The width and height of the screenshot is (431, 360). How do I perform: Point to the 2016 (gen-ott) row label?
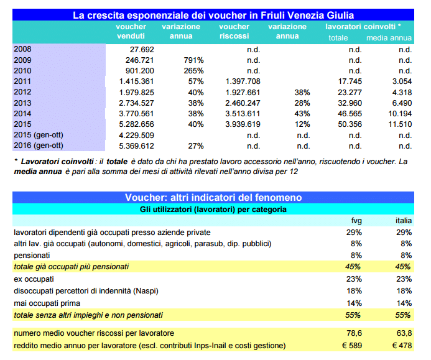pyautogui.click(x=39, y=146)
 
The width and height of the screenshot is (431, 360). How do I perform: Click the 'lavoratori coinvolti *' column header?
pyautogui.click(x=363, y=27)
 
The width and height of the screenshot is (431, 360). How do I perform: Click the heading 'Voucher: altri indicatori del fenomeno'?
pyautogui.click(x=213, y=197)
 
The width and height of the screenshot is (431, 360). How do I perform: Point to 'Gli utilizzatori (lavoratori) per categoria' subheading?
pyautogui.click(x=213, y=210)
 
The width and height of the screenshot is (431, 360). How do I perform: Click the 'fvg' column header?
pyautogui.click(x=356, y=221)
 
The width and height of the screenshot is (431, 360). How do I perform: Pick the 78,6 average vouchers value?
pyautogui.click(x=354, y=334)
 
